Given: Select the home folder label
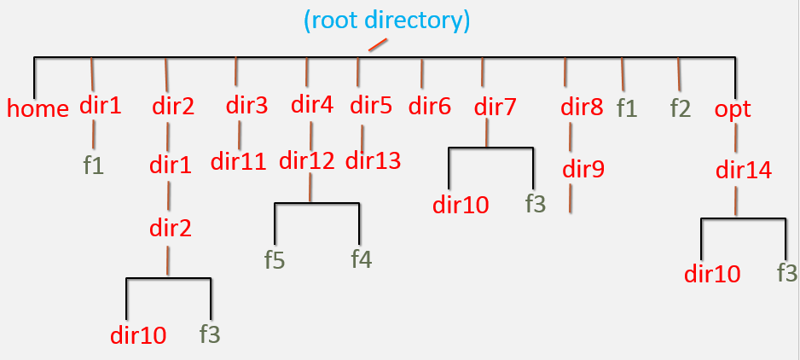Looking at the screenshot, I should [x=38, y=109].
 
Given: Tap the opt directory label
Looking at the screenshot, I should [x=733, y=109].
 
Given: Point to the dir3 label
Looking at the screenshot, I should [x=246, y=106].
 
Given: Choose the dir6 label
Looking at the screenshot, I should [x=429, y=107].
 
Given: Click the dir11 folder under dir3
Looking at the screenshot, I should [x=240, y=160].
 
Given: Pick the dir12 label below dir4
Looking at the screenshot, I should [x=307, y=160].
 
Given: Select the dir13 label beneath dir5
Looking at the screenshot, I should [x=373, y=160].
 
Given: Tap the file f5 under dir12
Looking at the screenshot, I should [x=274, y=260].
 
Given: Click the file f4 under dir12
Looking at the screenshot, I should [x=361, y=259].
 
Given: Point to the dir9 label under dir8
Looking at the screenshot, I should [x=583, y=169].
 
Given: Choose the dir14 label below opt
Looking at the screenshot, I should [x=744, y=170].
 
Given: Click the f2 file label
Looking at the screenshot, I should [x=681, y=109].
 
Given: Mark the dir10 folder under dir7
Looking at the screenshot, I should [x=461, y=205].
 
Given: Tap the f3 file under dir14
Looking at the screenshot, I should [x=786, y=273].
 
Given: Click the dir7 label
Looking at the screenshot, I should [x=496, y=107].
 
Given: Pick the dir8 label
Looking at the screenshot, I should [x=582, y=107].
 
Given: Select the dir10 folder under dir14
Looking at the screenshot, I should [x=712, y=274].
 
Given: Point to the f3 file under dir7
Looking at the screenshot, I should [x=535, y=204].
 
